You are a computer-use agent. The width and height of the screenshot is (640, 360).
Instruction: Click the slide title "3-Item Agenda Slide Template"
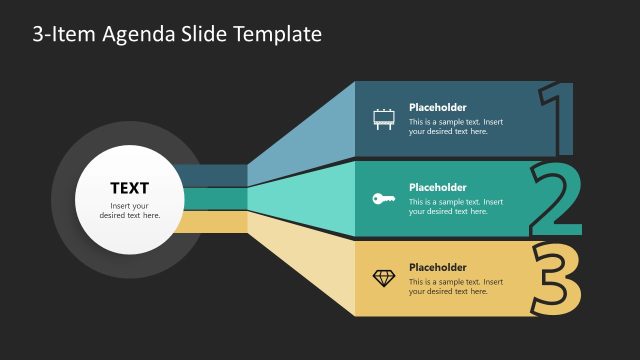pyautogui.click(x=177, y=34)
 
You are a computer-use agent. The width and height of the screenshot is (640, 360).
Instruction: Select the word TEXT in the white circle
pyautogui.click(x=129, y=188)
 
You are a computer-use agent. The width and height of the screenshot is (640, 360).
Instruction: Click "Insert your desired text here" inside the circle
pyautogui.click(x=129, y=211)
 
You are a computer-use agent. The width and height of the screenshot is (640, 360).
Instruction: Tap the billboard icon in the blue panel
pyautogui.click(x=383, y=119)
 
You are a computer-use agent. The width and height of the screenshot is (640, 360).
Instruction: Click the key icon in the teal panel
pyautogui.click(x=383, y=199)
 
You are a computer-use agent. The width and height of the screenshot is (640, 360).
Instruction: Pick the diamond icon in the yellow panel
pyautogui.click(x=383, y=278)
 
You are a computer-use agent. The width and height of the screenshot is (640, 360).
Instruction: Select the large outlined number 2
pyautogui.click(x=556, y=200)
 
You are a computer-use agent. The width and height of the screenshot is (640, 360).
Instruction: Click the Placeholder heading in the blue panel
pyautogui.click(x=437, y=108)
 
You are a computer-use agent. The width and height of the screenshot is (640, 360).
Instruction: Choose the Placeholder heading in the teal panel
pyautogui.click(x=437, y=188)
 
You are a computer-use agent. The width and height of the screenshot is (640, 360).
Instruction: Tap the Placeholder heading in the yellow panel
pyautogui.click(x=437, y=268)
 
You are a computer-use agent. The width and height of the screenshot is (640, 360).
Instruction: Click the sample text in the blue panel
pyautogui.click(x=455, y=127)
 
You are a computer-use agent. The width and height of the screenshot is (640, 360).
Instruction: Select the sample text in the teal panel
pyautogui.click(x=455, y=207)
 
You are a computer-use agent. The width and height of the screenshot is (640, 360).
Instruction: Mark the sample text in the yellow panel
pyautogui.click(x=455, y=287)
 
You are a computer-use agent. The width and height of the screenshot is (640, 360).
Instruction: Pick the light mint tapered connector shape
pyautogui.click(x=300, y=199)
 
